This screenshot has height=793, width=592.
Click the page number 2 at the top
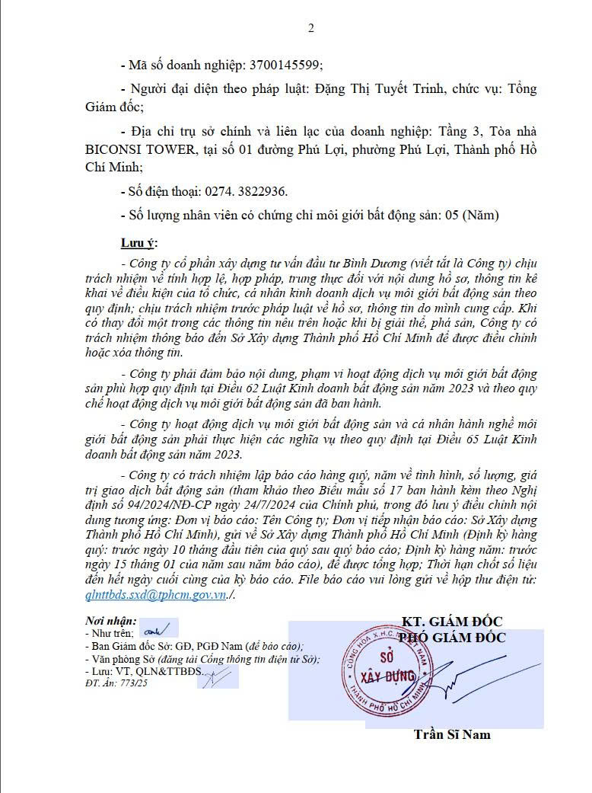310,29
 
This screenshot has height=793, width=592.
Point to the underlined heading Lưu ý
138,243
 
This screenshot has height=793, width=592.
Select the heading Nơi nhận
111,621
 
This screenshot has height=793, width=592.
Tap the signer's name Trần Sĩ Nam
452,734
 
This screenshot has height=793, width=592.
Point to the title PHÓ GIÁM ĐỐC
452,638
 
